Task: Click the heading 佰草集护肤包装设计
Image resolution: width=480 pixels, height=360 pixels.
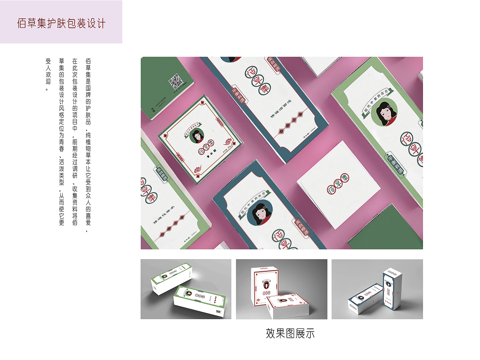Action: (x=61, y=23)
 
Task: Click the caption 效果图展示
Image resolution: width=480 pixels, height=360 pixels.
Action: (x=290, y=333)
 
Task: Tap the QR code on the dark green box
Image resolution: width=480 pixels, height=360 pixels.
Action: (x=175, y=81)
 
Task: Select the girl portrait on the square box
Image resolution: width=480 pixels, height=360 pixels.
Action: (x=197, y=136)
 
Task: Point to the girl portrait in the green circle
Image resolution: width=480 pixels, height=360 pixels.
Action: (x=384, y=115)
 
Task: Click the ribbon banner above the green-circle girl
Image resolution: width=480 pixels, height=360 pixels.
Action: (x=377, y=100)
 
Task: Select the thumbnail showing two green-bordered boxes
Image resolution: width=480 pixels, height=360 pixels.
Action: (x=186, y=289)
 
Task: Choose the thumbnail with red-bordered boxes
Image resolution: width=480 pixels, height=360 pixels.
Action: (x=281, y=289)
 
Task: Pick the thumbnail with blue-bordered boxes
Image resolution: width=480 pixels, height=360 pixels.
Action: (x=377, y=289)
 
